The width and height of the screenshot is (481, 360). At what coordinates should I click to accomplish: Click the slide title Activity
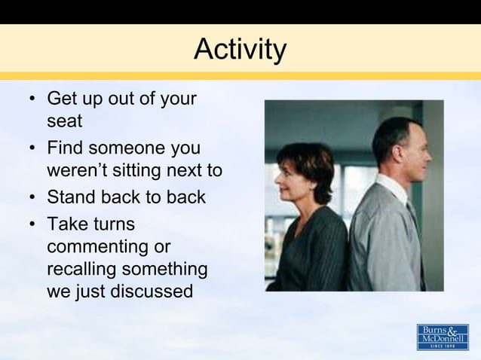coord(240,50)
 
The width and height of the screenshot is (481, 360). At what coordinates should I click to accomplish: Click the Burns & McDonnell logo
coord(443,337)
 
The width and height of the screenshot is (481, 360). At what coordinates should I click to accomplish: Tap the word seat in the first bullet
coord(64,121)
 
